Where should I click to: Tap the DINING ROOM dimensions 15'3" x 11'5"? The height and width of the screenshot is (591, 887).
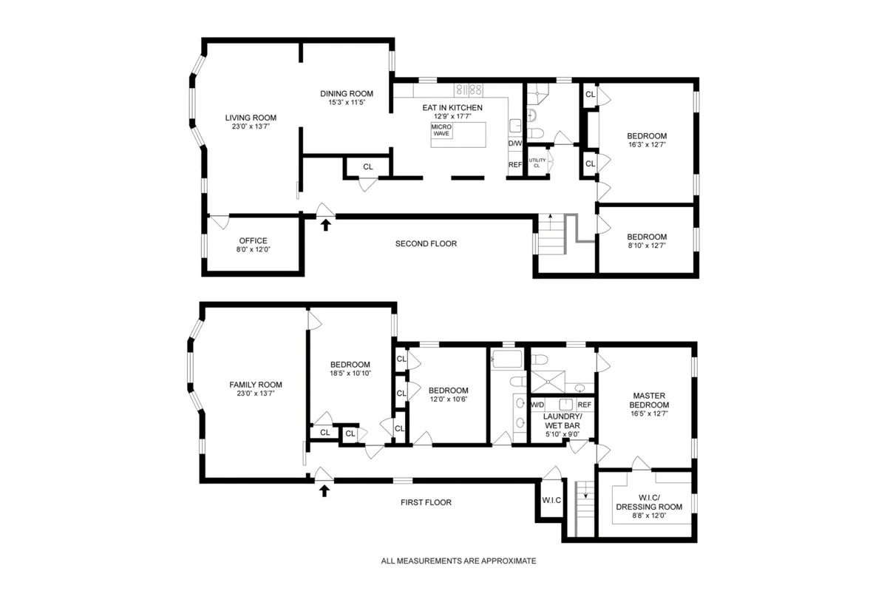[347, 103]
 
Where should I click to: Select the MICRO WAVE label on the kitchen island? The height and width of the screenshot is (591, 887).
[441, 129]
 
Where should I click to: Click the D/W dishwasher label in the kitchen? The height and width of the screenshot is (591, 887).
[515, 143]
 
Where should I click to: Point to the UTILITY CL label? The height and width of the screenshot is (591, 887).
[537, 163]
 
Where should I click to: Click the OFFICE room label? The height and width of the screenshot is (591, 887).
[253, 240]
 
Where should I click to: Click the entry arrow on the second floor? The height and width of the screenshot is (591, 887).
[325, 224]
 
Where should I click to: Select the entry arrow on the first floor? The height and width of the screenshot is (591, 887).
[324, 490]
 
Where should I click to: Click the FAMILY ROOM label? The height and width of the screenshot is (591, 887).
[256, 385]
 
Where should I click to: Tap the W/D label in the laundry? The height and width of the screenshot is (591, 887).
[538, 405]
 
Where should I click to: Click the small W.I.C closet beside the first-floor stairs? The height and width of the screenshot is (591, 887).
[551, 500]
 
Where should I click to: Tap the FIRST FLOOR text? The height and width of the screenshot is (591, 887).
[426, 502]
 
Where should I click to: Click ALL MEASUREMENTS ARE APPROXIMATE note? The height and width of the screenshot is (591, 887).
[458, 561]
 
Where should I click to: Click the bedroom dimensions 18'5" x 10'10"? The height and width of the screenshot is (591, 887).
[350, 374]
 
